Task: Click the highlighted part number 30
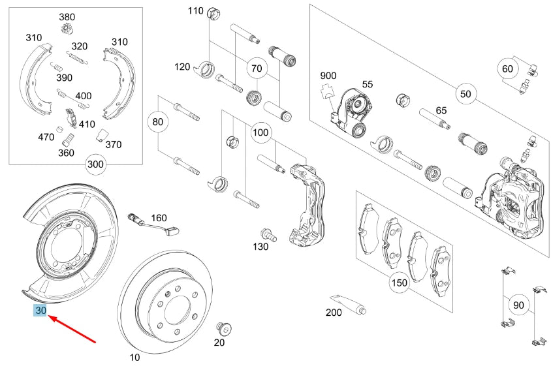[40, 311]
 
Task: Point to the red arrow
[72, 328]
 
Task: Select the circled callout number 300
[96, 164]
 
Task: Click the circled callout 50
[465, 94]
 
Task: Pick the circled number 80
[157, 121]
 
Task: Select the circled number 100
[260, 133]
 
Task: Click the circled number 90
[519, 305]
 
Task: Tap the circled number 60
[507, 69]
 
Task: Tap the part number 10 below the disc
[134, 358]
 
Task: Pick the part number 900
[327, 76]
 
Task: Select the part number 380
[67, 16]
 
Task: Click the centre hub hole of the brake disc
[174, 306]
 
